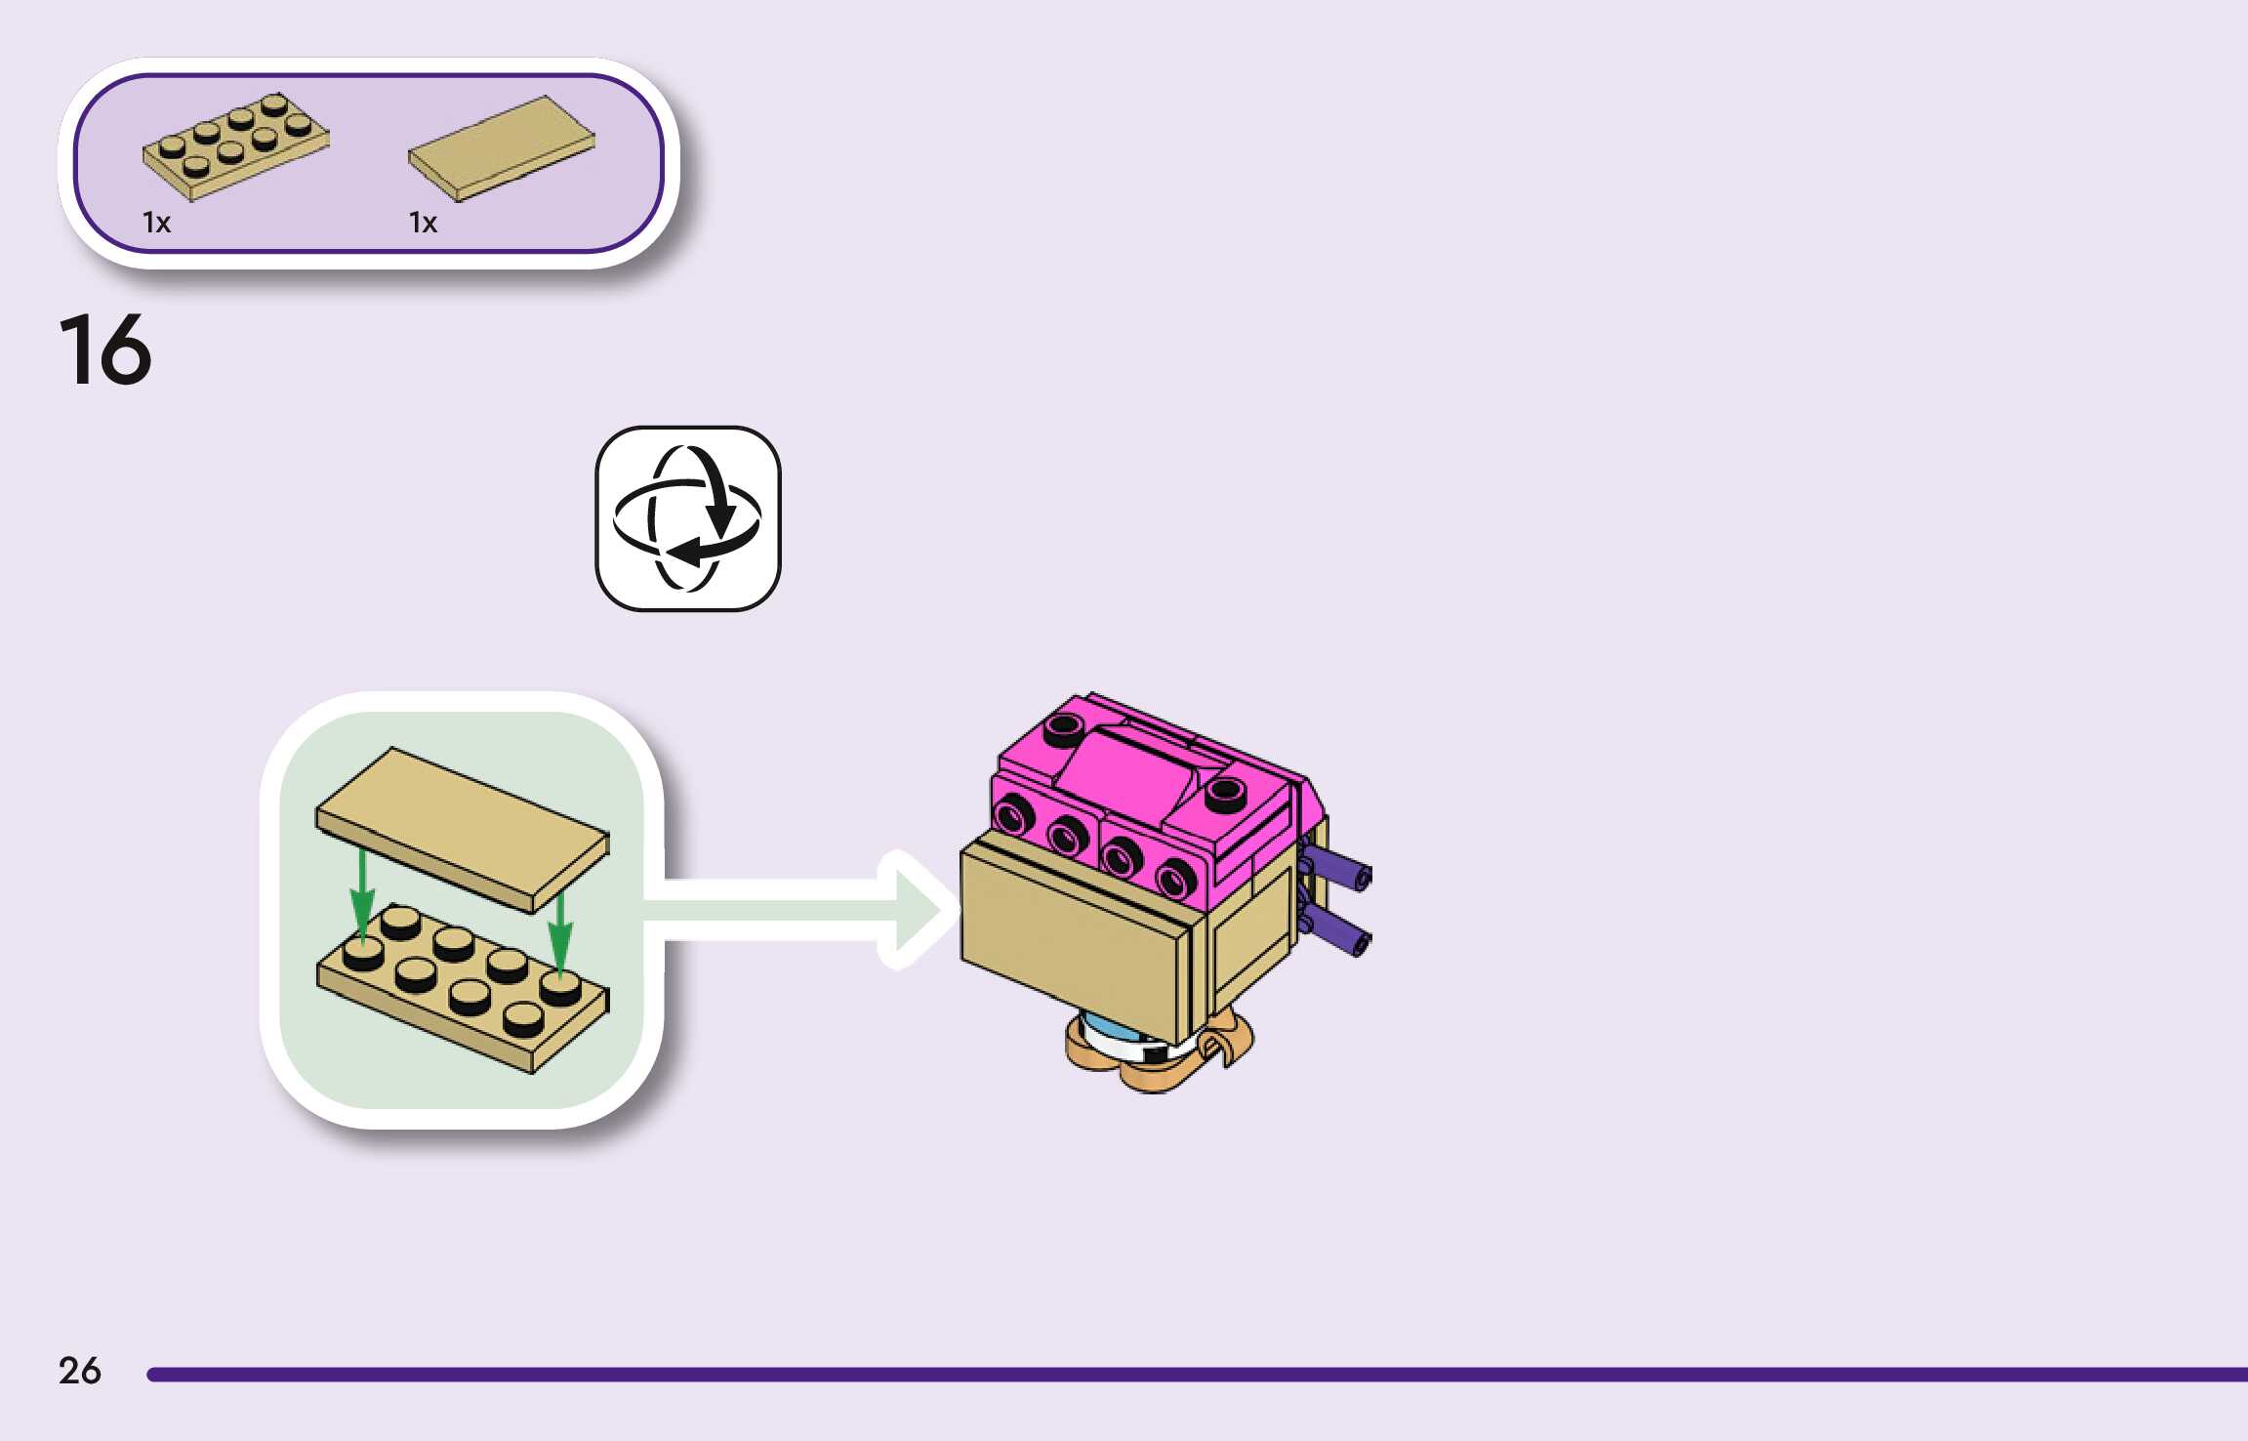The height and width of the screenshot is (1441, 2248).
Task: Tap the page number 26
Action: (79, 1371)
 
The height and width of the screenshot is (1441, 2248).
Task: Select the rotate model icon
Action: (688, 518)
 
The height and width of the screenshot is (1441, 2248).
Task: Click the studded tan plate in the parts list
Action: (236, 146)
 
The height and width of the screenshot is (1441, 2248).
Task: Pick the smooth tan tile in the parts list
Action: (502, 148)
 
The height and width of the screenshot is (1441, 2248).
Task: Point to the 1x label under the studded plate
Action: (156, 224)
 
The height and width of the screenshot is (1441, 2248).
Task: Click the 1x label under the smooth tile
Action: (423, 224)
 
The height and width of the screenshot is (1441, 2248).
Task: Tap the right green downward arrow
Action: (559, 932)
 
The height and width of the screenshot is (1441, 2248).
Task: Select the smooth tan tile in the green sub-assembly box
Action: (462, 828)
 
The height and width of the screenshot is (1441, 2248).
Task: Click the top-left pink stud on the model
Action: (1064, 726)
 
